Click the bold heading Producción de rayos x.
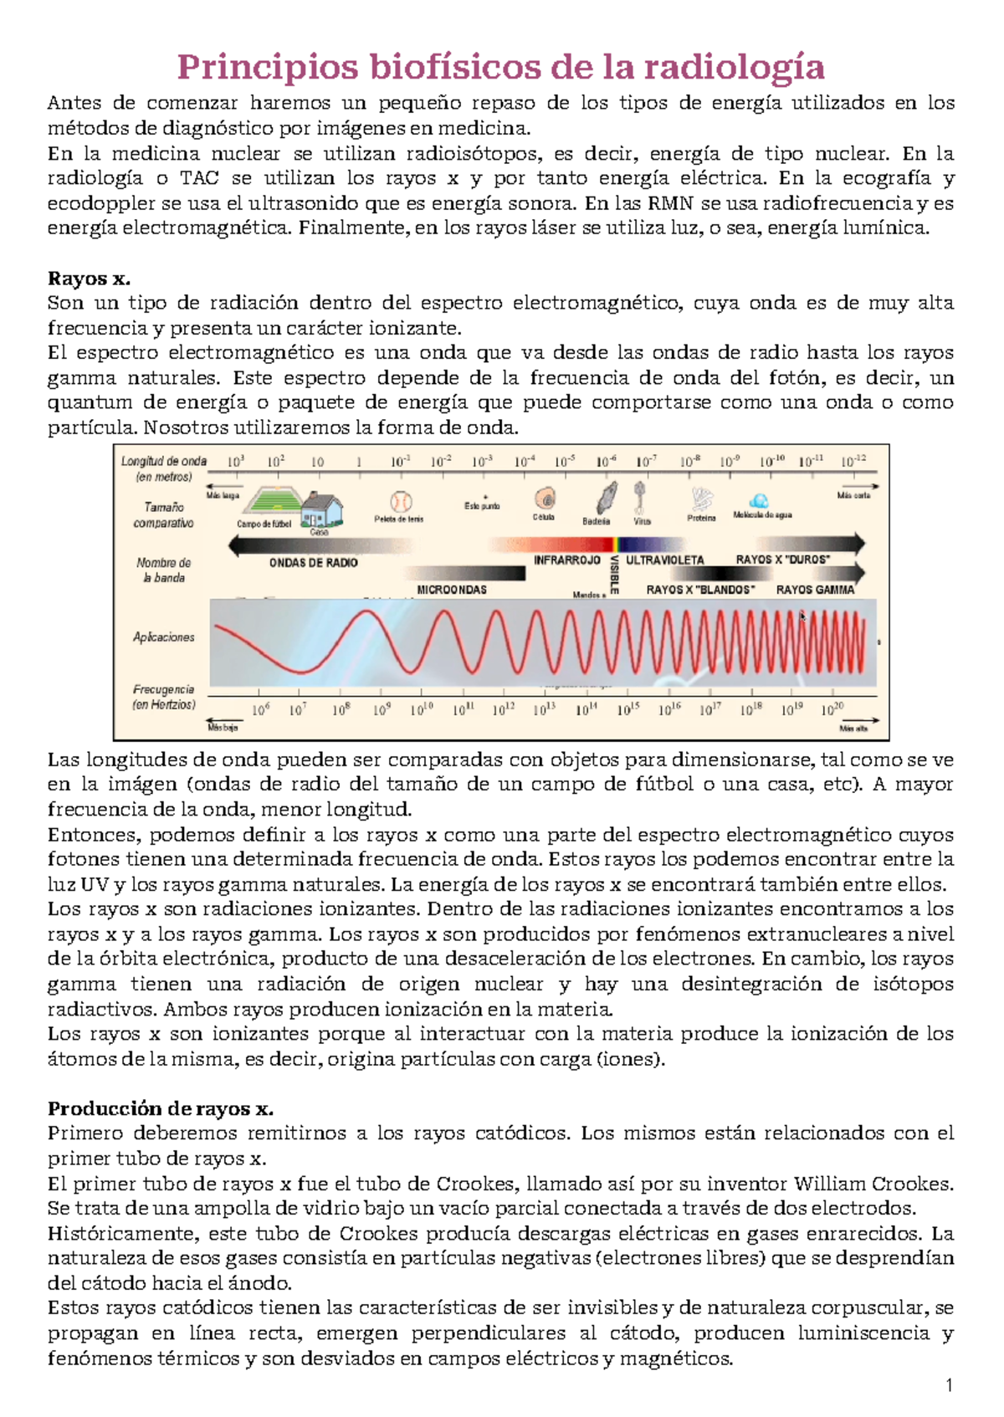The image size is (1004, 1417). pos(160,1109)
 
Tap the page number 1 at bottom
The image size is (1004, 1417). pos(949,1386)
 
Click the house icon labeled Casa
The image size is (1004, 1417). pos(321,509)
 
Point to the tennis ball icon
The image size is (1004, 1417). pos(401,502)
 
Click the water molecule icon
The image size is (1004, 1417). pos(759,501)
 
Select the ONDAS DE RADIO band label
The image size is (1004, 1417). pos(314,563)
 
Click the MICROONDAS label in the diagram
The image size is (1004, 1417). pos(452,590)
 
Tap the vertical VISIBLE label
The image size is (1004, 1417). pos(614,575)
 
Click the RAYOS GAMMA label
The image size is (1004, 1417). pos(815,590)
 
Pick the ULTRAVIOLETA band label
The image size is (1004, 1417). pos(665,560)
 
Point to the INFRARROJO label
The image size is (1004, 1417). pos(567,560)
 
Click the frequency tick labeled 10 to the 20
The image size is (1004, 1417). pos(832,709)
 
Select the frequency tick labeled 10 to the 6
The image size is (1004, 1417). pos(261,709)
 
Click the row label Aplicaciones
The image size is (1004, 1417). pos(164,637)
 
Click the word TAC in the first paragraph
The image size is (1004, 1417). pos(200,178)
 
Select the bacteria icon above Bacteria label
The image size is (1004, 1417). pos(607,499)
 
